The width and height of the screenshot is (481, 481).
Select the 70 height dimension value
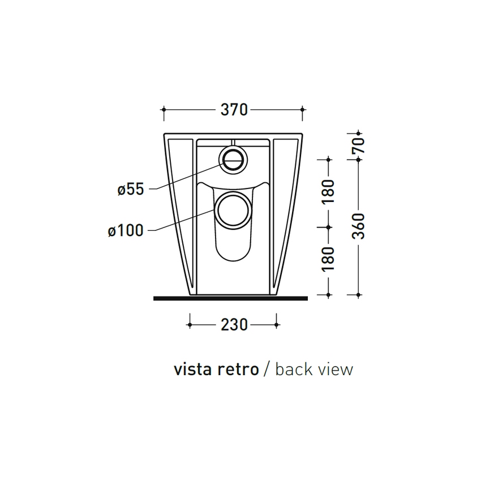359,145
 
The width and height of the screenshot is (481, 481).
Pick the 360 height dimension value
359,226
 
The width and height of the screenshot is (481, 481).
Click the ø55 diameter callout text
131,189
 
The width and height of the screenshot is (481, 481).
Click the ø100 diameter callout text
125,230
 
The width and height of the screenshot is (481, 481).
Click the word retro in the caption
237,370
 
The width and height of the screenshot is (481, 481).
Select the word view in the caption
336,370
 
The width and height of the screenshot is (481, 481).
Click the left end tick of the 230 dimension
189,324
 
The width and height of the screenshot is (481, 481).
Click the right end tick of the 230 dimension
277,324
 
